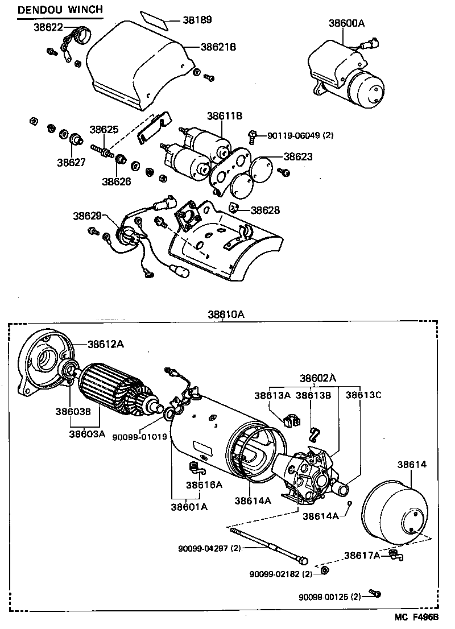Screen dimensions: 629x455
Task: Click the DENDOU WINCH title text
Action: coord(60,10)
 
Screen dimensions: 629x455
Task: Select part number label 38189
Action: coord(197,20)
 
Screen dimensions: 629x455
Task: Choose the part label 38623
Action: coord(298,156)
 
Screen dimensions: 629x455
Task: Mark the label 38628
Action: coord(265,210)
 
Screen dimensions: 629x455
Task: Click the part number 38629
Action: coord(87,216)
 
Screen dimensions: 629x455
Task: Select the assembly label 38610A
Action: coord(226,314)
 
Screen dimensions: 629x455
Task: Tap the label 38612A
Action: coord(106,344)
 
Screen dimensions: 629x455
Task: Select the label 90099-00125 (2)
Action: coord(330,597)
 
